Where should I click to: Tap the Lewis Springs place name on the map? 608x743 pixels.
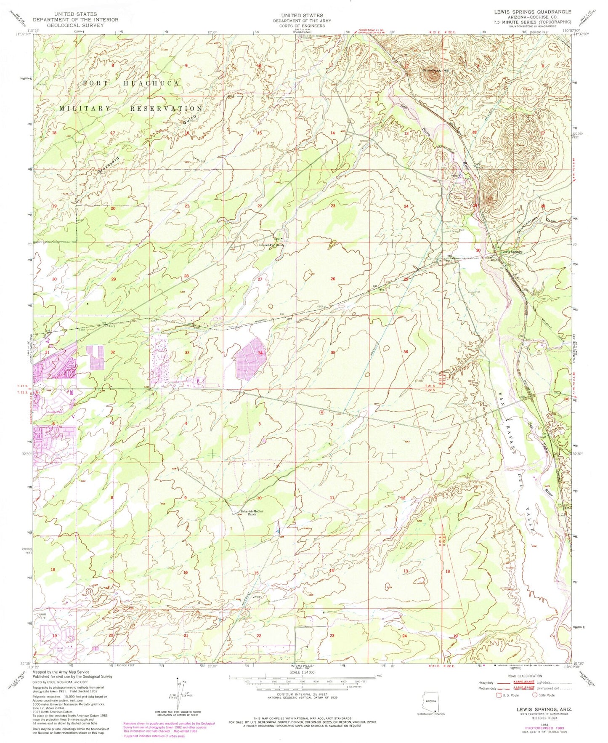pyautogui.click(x=511, y=252)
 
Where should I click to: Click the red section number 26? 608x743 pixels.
pyautogui.click(x=333, y=279)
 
